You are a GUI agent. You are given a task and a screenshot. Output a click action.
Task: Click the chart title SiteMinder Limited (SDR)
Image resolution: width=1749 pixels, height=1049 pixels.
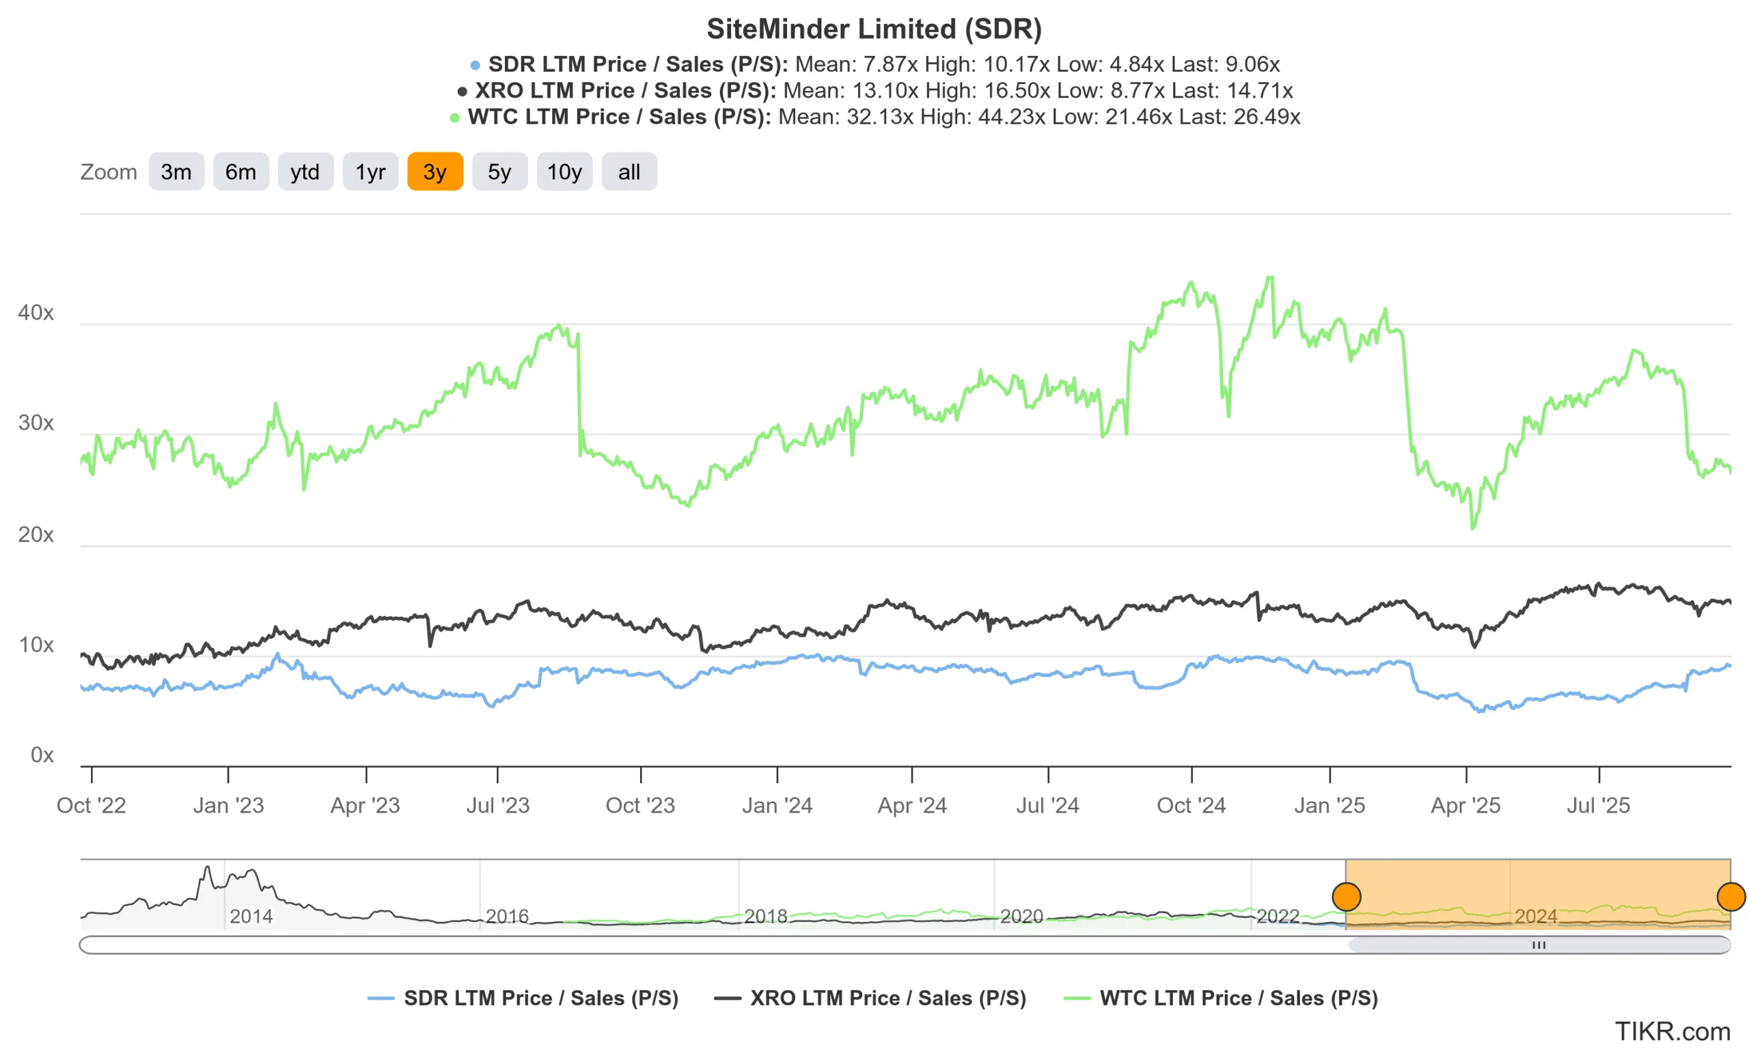874,29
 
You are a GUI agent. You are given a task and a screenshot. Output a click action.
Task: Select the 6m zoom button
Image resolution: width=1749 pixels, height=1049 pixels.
240,172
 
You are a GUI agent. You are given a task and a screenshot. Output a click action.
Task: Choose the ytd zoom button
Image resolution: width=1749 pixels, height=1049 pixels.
305,172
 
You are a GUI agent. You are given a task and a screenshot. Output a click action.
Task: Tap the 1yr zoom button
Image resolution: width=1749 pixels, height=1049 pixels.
370,172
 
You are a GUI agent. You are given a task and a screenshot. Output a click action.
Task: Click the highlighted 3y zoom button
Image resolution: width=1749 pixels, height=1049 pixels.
435,172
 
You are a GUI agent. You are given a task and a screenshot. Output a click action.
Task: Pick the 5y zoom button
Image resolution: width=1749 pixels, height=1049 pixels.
499,172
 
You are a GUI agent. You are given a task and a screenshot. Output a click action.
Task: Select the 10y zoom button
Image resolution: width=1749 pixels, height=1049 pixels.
564,172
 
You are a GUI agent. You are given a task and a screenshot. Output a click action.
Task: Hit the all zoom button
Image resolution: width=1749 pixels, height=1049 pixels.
629,172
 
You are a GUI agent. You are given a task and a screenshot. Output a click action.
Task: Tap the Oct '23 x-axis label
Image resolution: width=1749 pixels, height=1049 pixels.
639,805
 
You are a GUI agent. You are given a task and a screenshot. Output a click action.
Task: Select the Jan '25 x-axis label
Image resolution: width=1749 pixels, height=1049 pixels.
1329,805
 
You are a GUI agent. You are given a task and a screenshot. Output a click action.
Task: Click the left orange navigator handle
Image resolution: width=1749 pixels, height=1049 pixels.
1346,897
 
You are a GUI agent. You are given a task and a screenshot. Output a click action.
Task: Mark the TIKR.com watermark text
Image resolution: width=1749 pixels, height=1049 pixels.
1672,1031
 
